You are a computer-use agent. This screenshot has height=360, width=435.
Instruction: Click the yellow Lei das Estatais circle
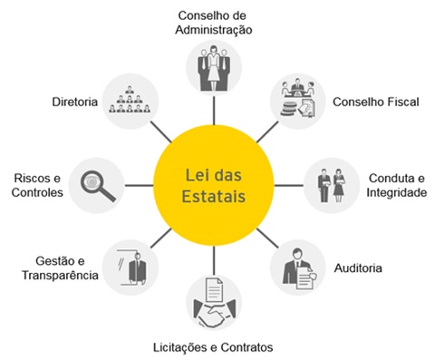pyautogui.click(x=218, y=182)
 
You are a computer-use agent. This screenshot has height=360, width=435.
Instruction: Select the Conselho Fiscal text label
pyautogui.click(x=375, y=102)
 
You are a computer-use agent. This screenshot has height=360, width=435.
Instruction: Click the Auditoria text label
pyautogui.click(x=382, y=268)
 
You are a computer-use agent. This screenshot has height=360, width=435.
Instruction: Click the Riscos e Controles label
pyautogui.click(x=39, y=185)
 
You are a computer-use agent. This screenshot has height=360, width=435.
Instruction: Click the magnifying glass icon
pyautogui.click(x=98, y=184)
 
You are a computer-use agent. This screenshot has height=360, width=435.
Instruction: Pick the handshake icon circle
pyautogui.click(x=214, y=306)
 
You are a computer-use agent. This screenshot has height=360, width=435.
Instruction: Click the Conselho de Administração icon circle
pyautogui.click(x=214, y=66)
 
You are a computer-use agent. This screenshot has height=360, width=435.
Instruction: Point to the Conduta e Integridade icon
pyautogui.click(x=331, y=184)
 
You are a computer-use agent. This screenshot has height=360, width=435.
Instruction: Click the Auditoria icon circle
pyautogui.click(x=298, y=267)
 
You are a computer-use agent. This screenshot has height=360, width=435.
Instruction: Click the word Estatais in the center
pyautogui.click(x=217, y=195)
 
